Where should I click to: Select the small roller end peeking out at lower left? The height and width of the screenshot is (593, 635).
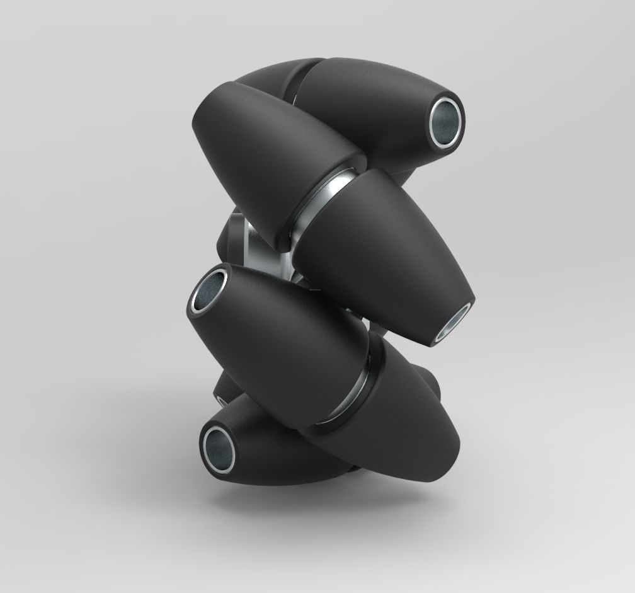[220, 391]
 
